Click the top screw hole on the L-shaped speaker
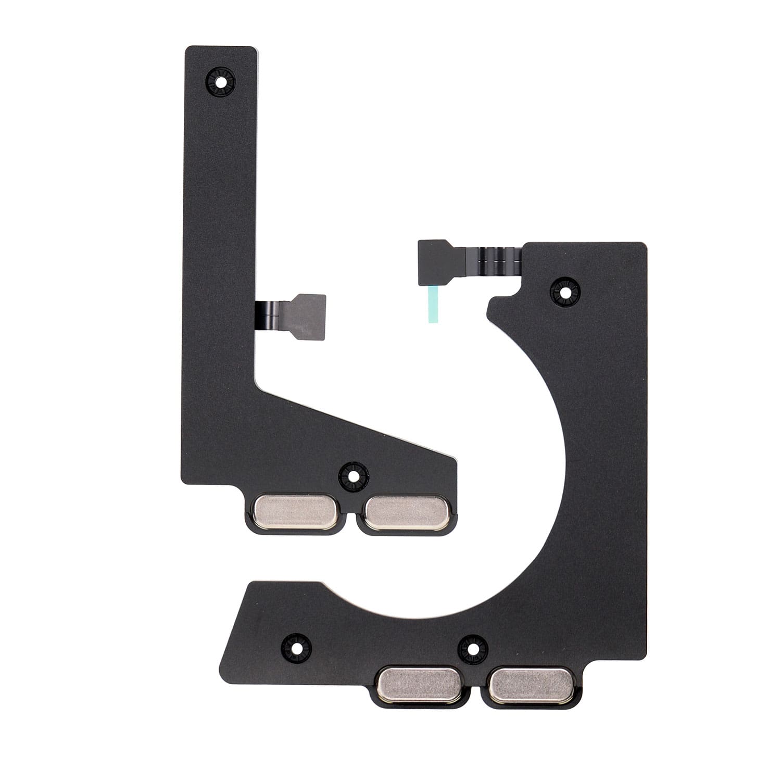pyautogui.click(x=221, y=82)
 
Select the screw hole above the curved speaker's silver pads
pyautogui.click(x=473, y=649)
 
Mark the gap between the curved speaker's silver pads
pyautogui.click(x=475, y=690)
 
